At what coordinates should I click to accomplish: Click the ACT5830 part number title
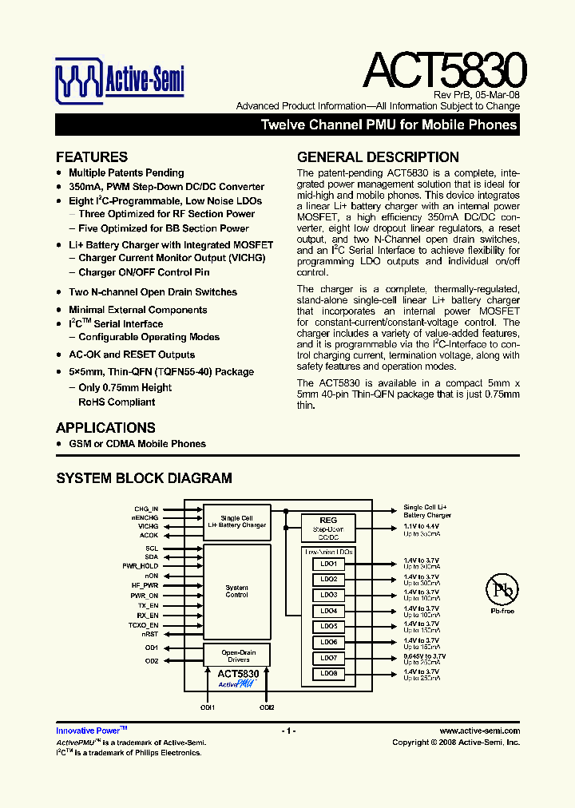(444, 71)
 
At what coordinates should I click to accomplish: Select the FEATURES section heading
(92, 157)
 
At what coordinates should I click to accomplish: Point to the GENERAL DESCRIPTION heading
(378, 157)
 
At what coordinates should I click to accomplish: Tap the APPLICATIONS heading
(105, 428)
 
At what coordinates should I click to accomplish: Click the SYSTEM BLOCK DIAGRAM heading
(144, 478)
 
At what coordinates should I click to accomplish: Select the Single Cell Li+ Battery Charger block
(236, 521)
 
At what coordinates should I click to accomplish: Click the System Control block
(236, 592)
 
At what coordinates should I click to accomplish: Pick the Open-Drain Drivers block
(238, 656)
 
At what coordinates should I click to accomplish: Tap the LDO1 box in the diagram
(329, 564)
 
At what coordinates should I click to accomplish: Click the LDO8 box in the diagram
(329, 674)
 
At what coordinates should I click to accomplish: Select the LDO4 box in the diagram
(329, 611)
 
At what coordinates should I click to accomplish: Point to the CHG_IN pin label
(146, 508)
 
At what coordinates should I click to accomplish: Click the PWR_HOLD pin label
(141, 566)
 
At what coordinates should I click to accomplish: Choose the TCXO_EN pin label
(143, 624)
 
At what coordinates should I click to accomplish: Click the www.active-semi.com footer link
(480, 731)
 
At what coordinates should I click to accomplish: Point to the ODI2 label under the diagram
(267, 707)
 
